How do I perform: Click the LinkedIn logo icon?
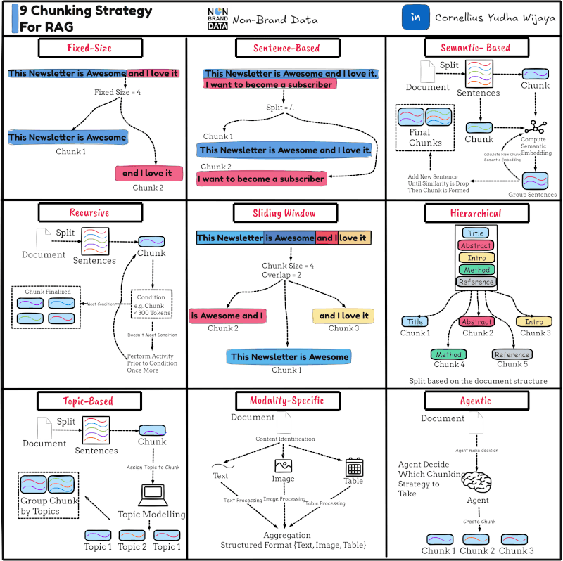(415, 18)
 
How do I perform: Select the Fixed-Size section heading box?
(89, 48)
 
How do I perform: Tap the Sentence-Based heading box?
(286, 48)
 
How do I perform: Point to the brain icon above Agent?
(479, 480)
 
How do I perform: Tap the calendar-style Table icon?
(354, 467)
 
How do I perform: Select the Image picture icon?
(283, 465)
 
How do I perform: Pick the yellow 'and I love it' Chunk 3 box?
(343, 316)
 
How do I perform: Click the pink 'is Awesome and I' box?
(227, 316)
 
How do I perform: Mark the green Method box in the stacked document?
(476, 270)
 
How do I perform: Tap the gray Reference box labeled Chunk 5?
(512, 354)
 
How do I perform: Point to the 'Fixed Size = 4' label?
(118, 92)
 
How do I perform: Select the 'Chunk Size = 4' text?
(287, 266)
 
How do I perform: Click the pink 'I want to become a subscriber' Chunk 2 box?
(262, 179)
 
